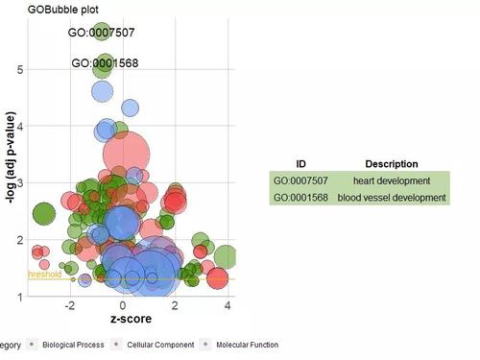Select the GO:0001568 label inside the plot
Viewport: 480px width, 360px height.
point(108,63)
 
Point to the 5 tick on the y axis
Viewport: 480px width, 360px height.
point(19,69)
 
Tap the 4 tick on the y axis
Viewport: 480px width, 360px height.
point(19,126)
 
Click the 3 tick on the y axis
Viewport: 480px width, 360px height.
point(19,182)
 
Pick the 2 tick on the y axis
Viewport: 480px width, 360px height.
point(19,239)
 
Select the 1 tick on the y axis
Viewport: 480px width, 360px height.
point(19,296)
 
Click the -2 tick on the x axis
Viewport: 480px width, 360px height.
point(69,306)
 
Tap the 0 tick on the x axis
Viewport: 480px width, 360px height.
point(123,306)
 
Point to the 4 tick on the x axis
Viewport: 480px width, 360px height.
point(228,306)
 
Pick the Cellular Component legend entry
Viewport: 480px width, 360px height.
point(167,344)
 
